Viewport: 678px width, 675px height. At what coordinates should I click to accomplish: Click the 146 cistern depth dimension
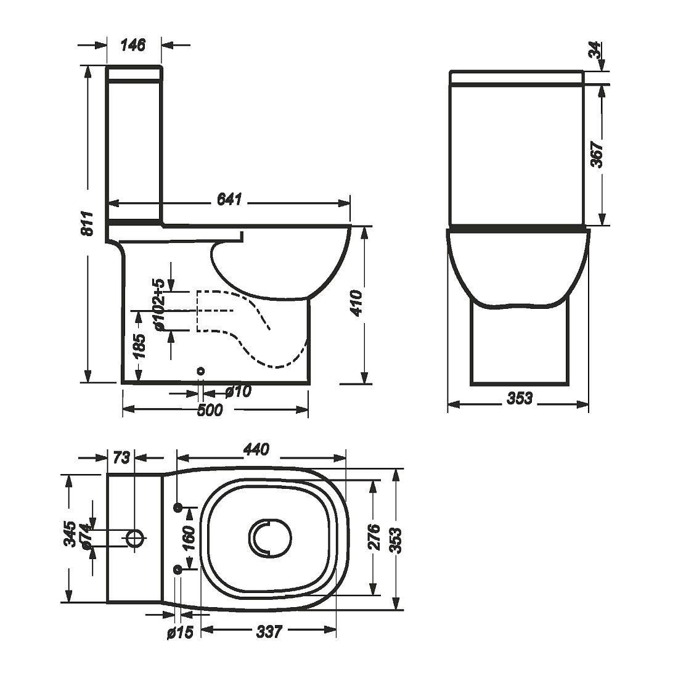pyautogui.click(x=133, y=45)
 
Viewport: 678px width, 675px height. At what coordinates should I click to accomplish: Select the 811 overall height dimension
pyautogui.click(x=88, y=223)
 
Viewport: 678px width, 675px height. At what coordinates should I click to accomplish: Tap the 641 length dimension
pyautogui.click(x=229, y=199)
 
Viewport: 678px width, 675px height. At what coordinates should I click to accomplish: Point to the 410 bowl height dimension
pyautogui.click(x=357, y=303)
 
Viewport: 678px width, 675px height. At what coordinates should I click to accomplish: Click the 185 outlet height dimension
pyautogui.click(x=138, y=346)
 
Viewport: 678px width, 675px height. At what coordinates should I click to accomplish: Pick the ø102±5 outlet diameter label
pyautogui.click(x=158, y=305)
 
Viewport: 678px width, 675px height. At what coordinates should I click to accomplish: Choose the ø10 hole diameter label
pyautogui.click(x=239, y=392)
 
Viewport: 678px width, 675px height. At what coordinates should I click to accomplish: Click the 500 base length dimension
pyautogui.click(x=210, y=410)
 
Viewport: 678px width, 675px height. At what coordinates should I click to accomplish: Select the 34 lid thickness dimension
pyautogui.click(x=595, y=50)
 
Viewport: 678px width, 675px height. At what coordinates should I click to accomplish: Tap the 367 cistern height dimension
pyautogui.click(x=597, y=154)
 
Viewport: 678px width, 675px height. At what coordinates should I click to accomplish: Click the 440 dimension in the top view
pyautogui.click(x=256, y=449)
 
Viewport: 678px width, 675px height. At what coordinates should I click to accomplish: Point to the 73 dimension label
pyautogui.click(x=121, y=457)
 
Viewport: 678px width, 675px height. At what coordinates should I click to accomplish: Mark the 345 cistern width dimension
pyautogui.click(x=70, y=534)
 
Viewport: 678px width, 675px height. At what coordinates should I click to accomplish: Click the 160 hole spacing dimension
pyautogui.click(x=189, y=538)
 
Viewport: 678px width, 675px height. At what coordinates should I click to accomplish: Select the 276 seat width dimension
pyautogui.click(x=374, y=537)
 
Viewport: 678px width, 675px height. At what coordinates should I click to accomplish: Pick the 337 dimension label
pyautogui.click(x=269, y=632)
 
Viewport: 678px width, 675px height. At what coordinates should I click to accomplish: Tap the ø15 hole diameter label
pyautogui.click(x=181, y=632)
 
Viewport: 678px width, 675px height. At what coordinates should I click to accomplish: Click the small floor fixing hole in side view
pyautogui.click(x=201, y=371)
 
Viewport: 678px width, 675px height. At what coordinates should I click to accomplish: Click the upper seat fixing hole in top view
pyautogui.click(x=178, y=507)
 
